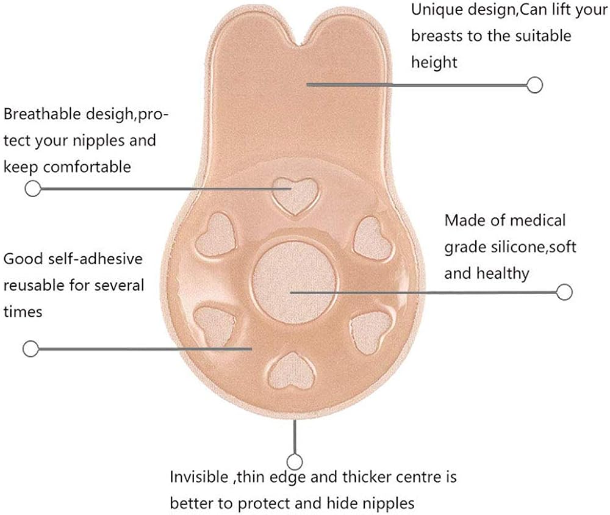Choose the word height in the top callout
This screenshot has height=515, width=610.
click(434, 62)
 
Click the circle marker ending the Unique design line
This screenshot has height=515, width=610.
click(535, 85)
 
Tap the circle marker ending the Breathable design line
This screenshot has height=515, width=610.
click(32, 189)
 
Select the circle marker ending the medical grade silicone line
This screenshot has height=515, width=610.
click(565, 292)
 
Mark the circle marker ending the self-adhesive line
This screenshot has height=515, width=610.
click(30, 349)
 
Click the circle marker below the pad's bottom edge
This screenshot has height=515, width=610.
click(295, 461)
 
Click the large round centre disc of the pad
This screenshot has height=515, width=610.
click(295, 278)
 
